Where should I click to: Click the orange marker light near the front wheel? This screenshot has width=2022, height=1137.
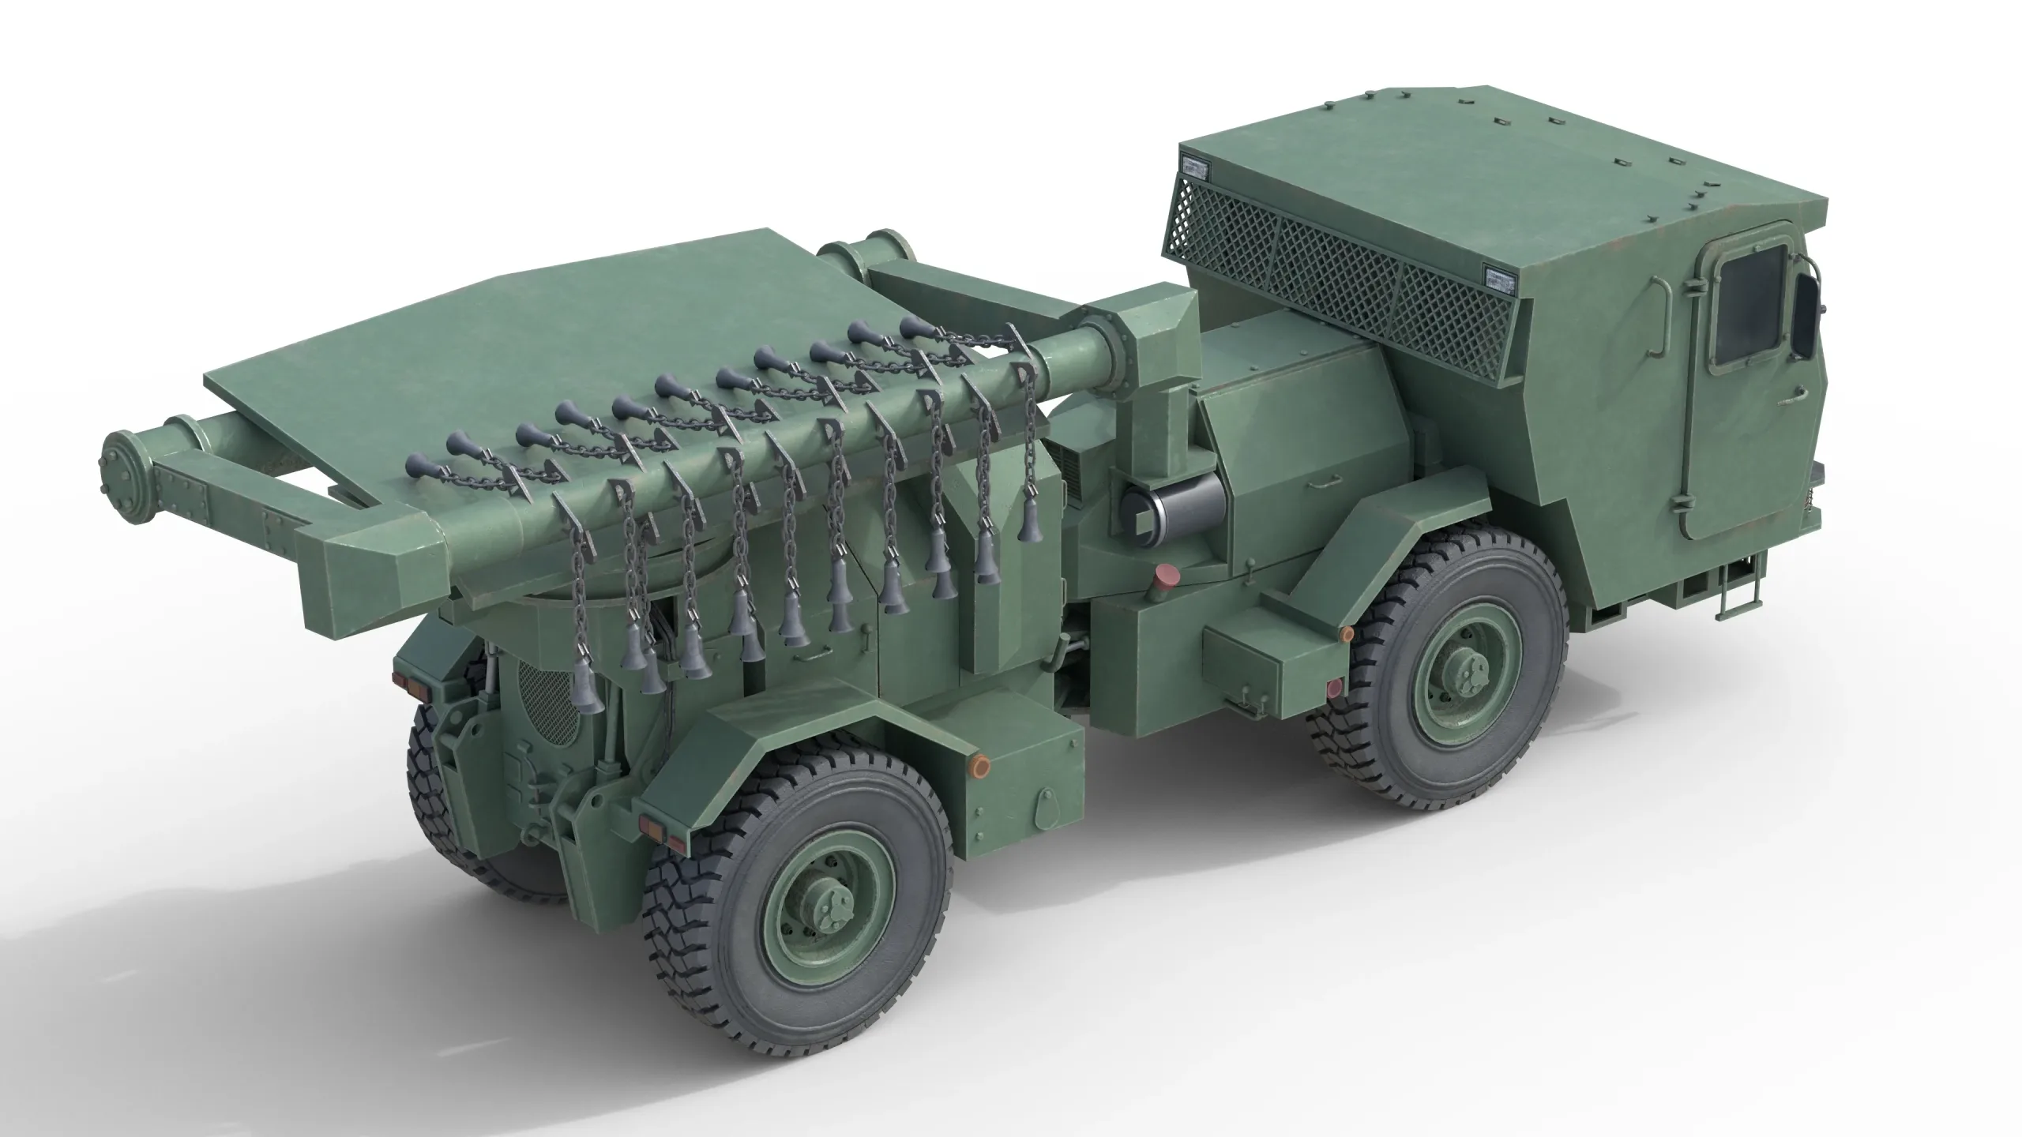click(1347, 633)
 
